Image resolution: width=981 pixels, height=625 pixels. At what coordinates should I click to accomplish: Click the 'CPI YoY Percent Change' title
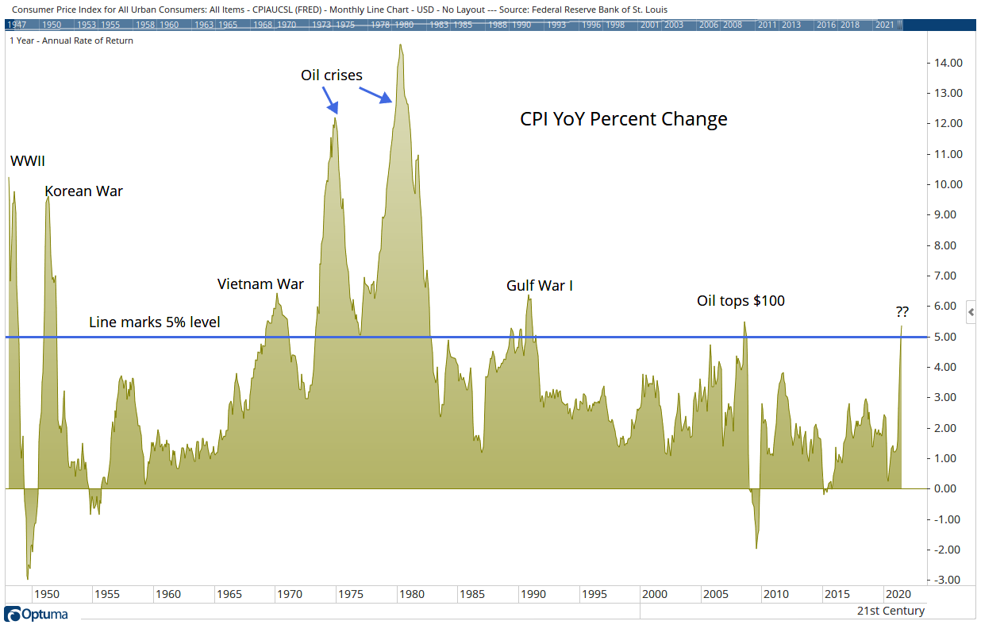623,119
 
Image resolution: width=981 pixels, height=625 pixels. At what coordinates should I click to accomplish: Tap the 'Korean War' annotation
83,191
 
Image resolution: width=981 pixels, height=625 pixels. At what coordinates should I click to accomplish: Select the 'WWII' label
27,162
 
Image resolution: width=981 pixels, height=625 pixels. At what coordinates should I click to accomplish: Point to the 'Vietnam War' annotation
260,284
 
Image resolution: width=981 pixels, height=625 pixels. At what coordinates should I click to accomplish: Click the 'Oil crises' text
331,75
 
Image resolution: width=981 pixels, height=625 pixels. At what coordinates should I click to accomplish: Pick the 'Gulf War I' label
539,286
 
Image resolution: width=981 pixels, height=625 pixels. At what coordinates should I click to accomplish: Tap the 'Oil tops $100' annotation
741,301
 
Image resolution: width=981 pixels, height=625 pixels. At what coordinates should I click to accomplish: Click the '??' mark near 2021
903,312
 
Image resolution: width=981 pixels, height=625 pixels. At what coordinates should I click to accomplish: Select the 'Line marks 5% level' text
154,322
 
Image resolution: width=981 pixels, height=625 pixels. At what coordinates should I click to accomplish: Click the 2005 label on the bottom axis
715,594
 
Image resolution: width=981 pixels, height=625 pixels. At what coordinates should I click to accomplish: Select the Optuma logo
37,614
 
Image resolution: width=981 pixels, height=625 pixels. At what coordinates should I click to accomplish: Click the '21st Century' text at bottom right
891,611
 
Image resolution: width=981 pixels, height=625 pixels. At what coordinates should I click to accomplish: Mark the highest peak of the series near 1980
401,45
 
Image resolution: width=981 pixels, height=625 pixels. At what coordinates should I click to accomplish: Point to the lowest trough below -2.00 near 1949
28,578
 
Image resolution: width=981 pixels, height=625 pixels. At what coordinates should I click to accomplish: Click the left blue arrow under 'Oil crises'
330,100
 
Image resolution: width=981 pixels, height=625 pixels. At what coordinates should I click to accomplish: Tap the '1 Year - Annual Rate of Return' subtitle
71,41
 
